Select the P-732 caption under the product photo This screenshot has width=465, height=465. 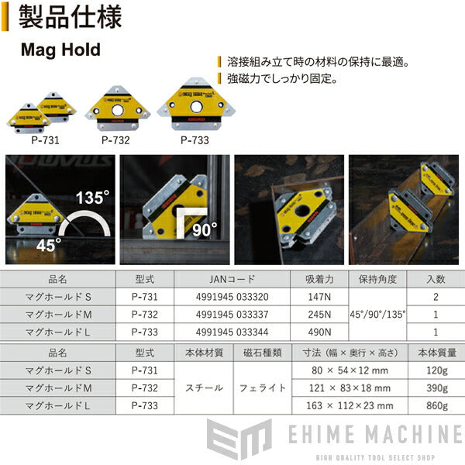115,142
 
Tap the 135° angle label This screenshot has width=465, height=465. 90,196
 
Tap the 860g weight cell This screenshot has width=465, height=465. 436,405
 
